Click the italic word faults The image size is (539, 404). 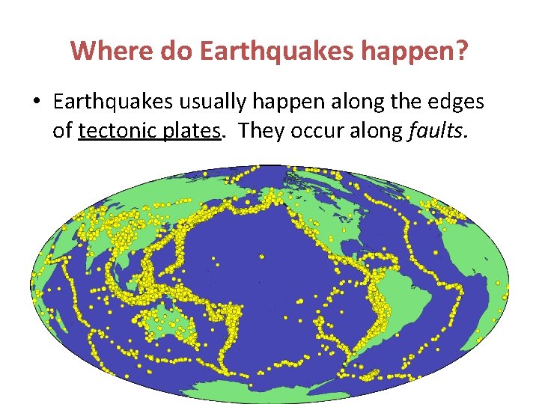pyautogui.click(x=439, y=131)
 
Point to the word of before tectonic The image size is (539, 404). pyautogui.click(x=62, y=131)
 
